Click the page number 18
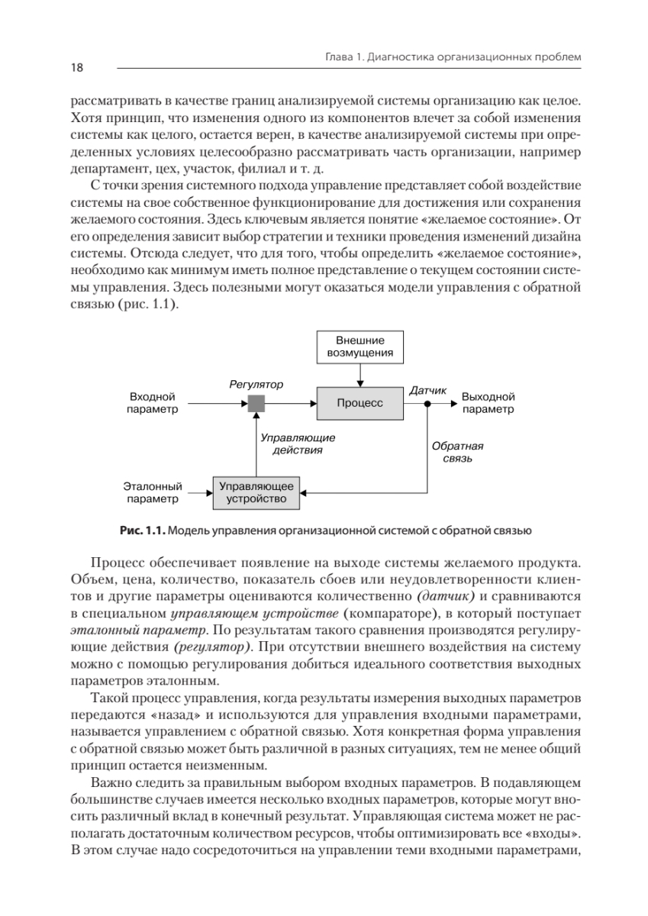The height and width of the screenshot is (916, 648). [77, 68]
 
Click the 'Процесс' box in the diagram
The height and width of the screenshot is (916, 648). [360, 403]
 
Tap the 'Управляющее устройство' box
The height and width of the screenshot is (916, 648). [256, 492]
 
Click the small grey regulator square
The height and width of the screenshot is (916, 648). [256, 403]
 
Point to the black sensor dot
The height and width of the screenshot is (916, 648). [427, 403]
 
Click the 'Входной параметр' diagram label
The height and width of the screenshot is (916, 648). [153, 403]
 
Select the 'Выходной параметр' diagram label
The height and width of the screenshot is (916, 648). [488, 403]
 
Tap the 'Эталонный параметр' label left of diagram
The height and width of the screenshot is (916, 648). [153, 492]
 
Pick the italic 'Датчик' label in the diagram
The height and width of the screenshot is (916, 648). [428, 390]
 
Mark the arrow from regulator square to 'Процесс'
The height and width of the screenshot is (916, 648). [290, 403]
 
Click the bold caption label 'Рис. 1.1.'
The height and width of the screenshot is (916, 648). [141, 529]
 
